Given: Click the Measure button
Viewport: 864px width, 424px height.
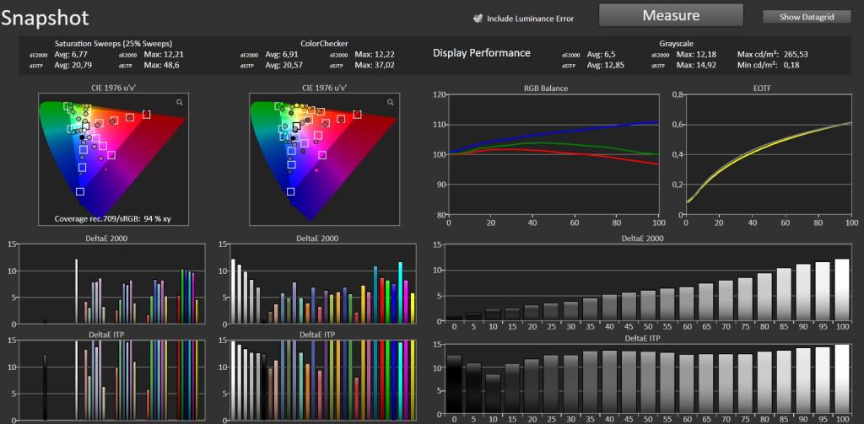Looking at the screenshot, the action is click(x=671, y=15).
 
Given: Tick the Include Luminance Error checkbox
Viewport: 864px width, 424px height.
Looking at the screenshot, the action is click(x=478, y=19).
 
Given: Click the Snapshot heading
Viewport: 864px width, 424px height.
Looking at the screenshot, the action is click(x=45, y=18).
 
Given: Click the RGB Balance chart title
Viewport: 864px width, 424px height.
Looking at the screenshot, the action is click(x=553, y=88).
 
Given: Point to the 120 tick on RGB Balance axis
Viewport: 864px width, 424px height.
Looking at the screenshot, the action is click(x=439, y=94).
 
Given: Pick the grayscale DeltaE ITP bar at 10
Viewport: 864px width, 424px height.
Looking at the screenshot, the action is click(x=494, y=394).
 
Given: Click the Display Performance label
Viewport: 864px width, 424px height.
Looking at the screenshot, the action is click(x=482, y=53).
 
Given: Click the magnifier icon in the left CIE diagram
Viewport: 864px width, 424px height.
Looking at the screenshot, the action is click(x=180, y=102).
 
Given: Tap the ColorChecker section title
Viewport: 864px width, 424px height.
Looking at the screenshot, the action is click(x=324, y=43).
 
